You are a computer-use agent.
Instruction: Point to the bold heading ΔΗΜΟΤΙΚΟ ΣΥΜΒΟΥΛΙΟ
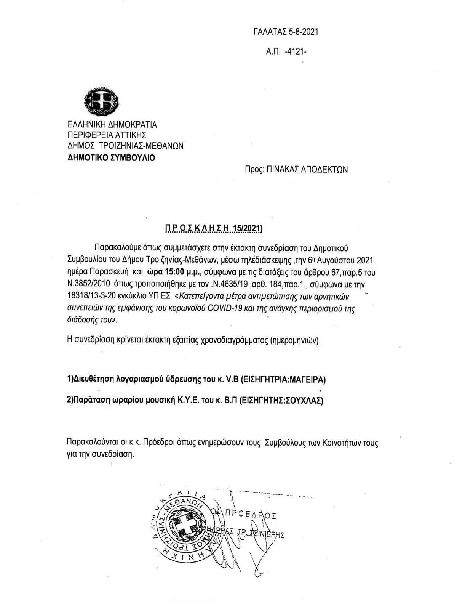tap(111, 157)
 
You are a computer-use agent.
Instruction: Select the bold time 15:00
tap(168, 273)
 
